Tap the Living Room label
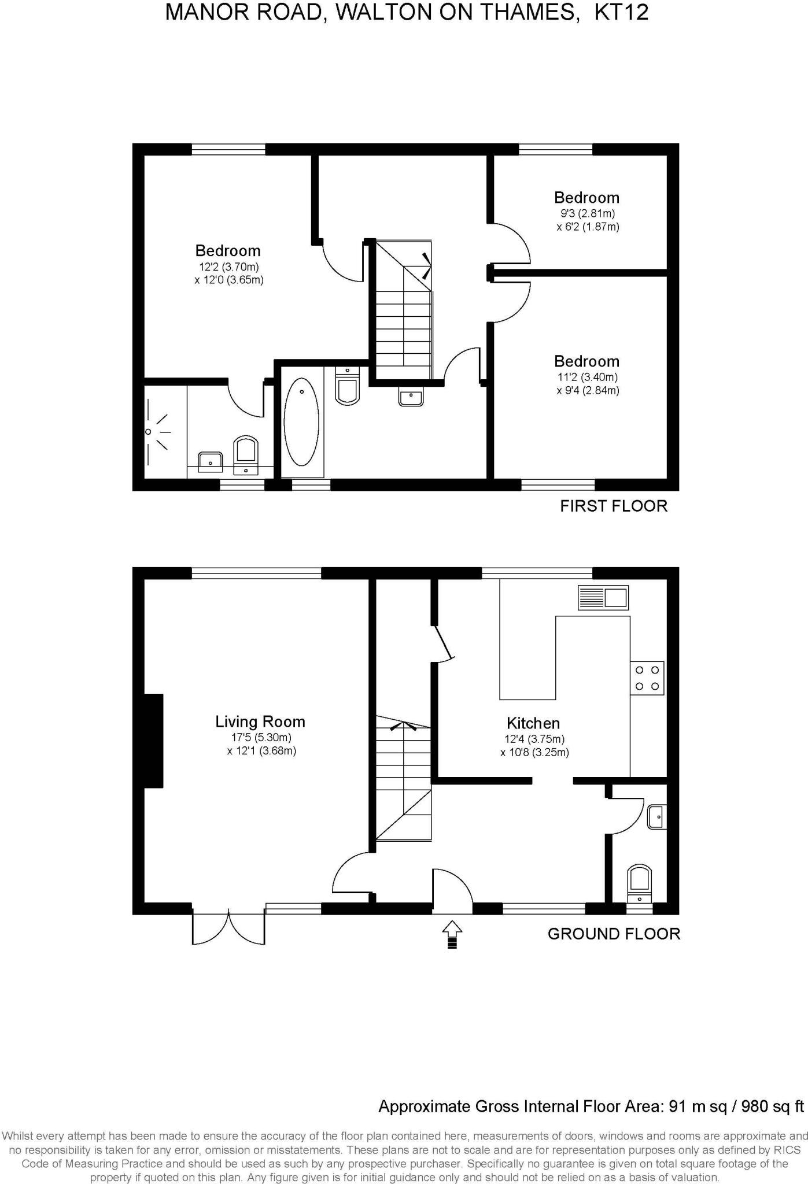pyautogui.click(x=260, y=721)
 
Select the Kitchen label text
pyautogui.click(x=533, y=723)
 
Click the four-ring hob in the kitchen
pyautogui.click(x=647, y=678)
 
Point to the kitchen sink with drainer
pyautogui.click(x=603, y=597)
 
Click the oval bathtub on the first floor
pyautogui.click(x=301, y=422)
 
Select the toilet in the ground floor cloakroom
pyautogui.click(x=640, y=883)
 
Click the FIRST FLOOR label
pyautogui.click(x=614, y=506)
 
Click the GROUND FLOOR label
pyautogui.click(x=614, y=934)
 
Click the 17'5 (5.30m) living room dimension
pyautogui.click(x=261, y=738)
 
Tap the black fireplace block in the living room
pyautogui.click(x=153, y=741)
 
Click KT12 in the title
pyautogui.click(x=622, y=12)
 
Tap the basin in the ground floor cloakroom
pyautogui.click(x=657, y=816)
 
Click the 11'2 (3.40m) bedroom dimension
pyautogui.click(x=586, y=378)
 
